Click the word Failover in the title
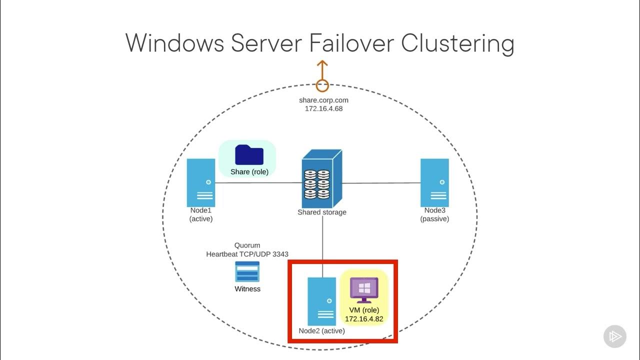tap(351, 43)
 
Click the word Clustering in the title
tap(457, 44)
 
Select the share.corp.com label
tap(323, 100)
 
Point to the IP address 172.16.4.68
tap(323, 108)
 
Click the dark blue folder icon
tap(249, 154)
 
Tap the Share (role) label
tap(249, 172)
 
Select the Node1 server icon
tap(201, 180)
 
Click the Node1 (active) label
tap(201, 214)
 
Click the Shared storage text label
tap(321, 212)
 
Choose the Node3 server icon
tap(434, 180)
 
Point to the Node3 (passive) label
tap(434, 214)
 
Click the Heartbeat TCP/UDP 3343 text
tap(247, 254)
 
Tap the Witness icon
tap(247, 271)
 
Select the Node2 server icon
tap(321, 301)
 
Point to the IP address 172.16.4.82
tap(364, 318)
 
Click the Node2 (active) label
tap(321, 330)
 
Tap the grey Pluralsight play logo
tap(614, 336)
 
